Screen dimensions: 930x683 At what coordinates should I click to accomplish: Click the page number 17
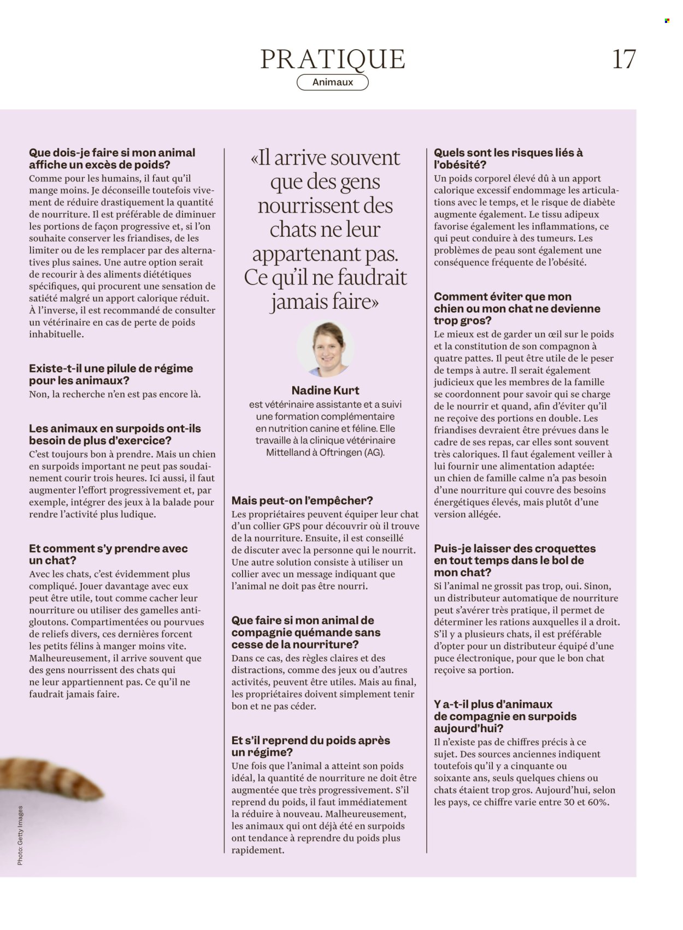(624, 59)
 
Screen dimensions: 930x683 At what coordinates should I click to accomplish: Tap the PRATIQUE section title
(332, 59)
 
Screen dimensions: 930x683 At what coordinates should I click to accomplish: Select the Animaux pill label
(332, 83)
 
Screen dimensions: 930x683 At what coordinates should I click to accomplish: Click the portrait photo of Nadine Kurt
(325, 349)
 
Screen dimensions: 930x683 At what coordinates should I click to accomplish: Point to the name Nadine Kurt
(325, 390)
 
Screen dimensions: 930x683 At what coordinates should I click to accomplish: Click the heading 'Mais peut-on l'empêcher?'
(302, 501)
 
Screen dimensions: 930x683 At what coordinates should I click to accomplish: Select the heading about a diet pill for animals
(110, 374)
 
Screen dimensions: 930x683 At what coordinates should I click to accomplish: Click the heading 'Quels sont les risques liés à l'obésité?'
(508, 158)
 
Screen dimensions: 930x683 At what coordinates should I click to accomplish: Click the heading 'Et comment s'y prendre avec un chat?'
(108, 554)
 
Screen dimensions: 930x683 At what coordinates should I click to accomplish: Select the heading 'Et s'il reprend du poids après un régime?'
(310, 746)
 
